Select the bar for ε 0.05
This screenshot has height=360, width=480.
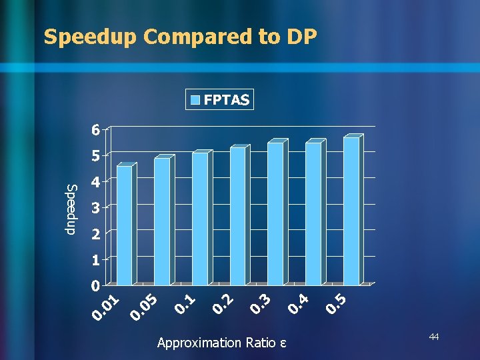pos(163,221)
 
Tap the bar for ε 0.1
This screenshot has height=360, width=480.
pos(200,219)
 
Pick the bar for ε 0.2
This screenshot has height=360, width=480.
pos(238,216)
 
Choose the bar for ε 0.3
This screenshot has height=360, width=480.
pos(275,213)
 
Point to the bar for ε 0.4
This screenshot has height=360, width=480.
pos(313,213)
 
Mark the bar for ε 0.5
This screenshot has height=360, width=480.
pos(351,211)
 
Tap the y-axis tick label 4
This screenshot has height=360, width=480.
pos(97,182)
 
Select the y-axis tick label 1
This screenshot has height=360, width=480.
pos(97,260)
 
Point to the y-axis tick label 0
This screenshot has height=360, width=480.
pos(97,286)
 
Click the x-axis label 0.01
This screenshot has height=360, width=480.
pos(107,306)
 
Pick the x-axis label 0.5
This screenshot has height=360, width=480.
pos(337,303)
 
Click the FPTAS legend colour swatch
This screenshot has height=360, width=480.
pos(195,101)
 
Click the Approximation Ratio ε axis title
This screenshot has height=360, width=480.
pos(221,343)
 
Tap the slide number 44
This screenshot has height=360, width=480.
pos(434,338)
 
